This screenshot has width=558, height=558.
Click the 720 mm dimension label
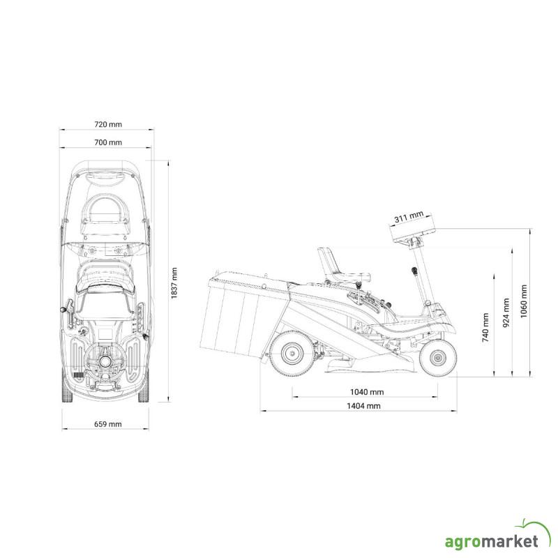108,124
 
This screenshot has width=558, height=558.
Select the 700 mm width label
108,142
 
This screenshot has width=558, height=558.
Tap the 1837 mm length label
174,283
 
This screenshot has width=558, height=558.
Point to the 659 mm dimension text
108,424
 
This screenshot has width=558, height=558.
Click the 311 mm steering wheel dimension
409,216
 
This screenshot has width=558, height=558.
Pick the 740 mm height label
485,328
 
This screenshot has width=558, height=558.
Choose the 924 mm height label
506,312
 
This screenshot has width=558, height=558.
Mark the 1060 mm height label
524,301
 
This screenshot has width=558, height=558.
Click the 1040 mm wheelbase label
367,392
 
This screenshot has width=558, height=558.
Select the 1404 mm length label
363,406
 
